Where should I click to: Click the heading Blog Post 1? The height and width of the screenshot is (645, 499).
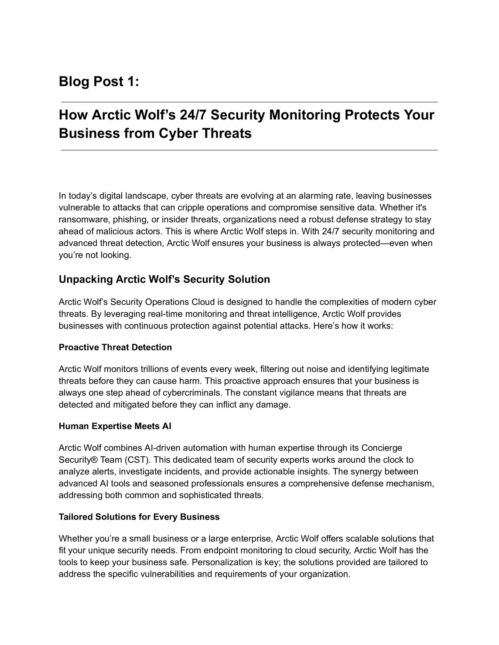click(x=99, y=82)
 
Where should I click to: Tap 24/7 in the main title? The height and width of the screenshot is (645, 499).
click(x=193, y=115)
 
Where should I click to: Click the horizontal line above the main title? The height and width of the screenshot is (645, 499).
click(x=249, y=102)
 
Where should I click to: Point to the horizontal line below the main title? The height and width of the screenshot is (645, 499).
click(x=249, y=150)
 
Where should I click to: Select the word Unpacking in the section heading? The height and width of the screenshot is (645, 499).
click(x=86, y=279)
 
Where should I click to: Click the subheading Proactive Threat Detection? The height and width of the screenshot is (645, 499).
click(x=115, y=347)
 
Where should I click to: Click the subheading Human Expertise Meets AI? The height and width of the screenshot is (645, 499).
click(x=115, y=426)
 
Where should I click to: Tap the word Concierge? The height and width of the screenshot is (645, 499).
click(x=382, y=448)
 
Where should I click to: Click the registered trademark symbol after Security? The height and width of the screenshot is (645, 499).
click(x=95, y=460)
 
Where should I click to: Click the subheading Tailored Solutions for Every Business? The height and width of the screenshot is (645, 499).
click(x=139, y=517)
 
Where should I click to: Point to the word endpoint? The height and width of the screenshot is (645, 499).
click(x=221, y=550)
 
